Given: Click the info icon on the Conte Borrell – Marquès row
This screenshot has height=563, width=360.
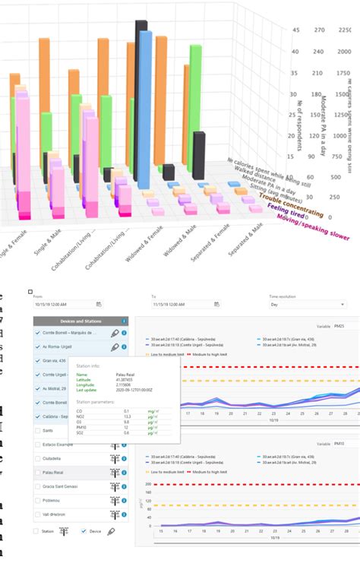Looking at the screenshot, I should [125, 333].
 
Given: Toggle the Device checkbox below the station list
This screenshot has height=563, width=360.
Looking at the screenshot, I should [84, 531].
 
